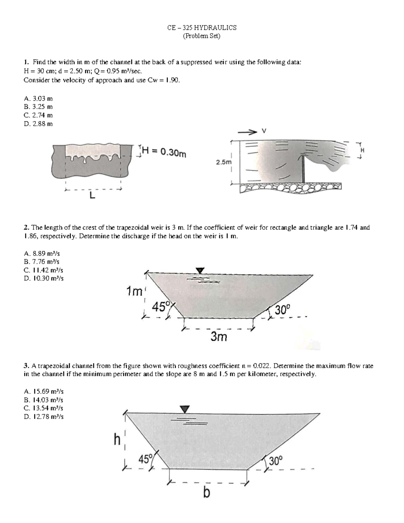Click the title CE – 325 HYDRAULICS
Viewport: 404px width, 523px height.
coord(202,28)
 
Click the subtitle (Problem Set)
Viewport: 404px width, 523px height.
coord(201,36)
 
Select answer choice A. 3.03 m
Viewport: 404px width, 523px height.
coord(38,99)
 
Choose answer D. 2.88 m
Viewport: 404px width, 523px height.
coord(38,124)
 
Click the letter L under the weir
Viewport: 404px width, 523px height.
coord(92,195)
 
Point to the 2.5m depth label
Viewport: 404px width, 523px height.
coord(224,162)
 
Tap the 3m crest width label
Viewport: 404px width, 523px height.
coord(219,336)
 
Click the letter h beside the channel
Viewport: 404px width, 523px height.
coord(117,440)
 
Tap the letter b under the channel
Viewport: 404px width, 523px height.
coord(206,493)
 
